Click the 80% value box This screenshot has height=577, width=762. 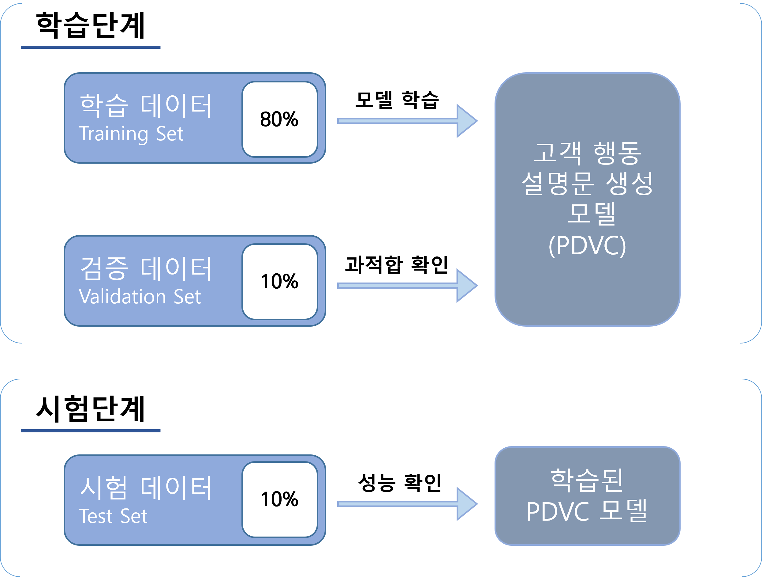click(x=279, y=119)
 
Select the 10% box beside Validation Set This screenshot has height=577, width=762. click(x=279, y=281)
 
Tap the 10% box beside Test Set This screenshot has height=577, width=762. click(x=279, y=499)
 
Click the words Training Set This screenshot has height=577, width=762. click(x=131, y=134)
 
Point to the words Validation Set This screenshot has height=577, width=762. click(x=140, y=297)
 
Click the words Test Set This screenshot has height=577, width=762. click(x=113, y=516)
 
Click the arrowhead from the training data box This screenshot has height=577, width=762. click(x=467, y=121)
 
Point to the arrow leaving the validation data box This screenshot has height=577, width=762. click(x=406, y=286)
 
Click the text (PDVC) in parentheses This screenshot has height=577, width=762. click(x=587, y=245)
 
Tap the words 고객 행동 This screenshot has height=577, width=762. click(x=587, y=153)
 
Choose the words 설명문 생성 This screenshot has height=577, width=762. click(x=587, y=184)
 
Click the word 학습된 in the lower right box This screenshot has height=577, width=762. click(x=587, y=480)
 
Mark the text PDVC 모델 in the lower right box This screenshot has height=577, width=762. click(x=587, y=511)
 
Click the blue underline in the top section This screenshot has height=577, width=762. click(x=91, y=47)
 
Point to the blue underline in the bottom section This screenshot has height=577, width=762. click(x=91, y=431)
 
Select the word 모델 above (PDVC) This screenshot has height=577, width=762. click(x=591, y=214)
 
